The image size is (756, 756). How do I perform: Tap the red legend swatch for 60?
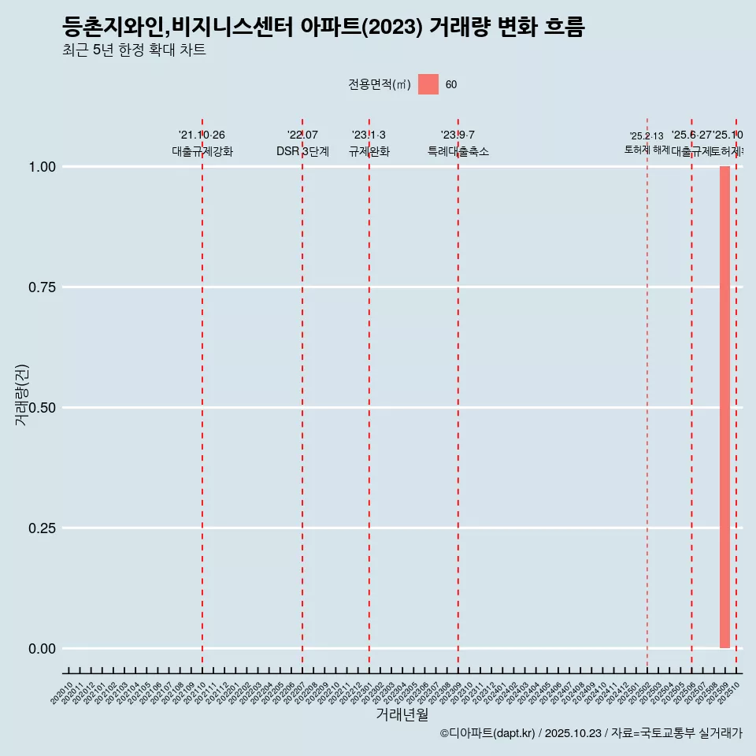428,84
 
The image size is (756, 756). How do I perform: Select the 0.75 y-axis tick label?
41,287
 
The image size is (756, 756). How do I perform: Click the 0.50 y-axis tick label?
41,408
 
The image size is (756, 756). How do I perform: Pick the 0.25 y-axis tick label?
41,528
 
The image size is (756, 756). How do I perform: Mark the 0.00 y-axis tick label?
41,649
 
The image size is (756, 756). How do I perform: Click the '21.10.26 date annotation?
202,135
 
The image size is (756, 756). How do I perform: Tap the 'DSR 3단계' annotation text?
302,151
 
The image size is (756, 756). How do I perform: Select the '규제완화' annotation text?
369,151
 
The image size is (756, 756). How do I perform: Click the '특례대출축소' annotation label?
458,151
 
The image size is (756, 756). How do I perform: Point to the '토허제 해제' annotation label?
647,149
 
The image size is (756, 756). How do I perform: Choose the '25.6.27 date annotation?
691,135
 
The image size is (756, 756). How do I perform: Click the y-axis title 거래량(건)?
21,395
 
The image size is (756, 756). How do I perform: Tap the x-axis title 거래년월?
402,714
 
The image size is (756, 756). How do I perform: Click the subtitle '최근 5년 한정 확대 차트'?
134,50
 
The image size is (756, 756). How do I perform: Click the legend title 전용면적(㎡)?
380,85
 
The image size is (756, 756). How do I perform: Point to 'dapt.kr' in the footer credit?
511,733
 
